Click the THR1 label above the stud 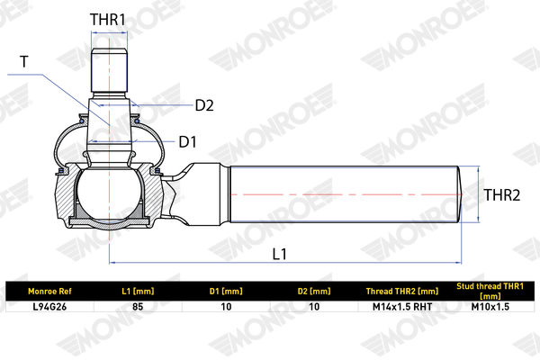(107, 20)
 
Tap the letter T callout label (24, 62)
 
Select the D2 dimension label (204, 105)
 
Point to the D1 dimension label (188, 141)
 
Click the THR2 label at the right (502, 195)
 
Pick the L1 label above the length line (279, 254)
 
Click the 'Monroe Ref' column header (49, 292)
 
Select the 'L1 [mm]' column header (138, 292)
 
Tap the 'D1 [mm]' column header (226, 292)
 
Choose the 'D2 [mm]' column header (314, 292)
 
